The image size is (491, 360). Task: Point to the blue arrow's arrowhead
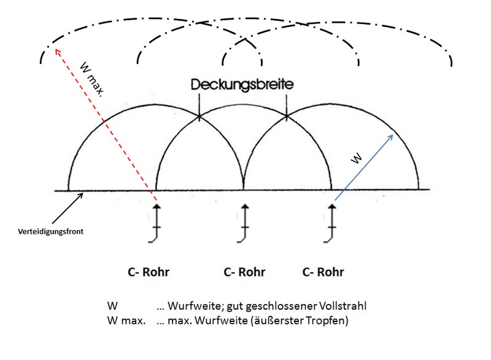[x=392, y=134]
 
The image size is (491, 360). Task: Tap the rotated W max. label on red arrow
[x=91, y=77]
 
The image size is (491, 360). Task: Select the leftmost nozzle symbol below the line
[x=156, y=224]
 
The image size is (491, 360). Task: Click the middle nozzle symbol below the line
[x=244, y=224]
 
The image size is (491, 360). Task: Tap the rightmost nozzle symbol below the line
[x=333, y=224]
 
